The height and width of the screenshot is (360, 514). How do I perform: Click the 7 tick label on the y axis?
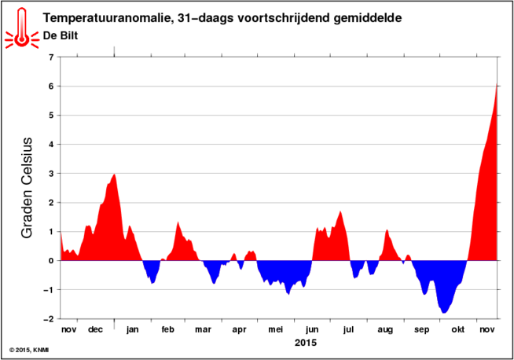point(51,57)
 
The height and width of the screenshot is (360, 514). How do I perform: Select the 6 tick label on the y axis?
point(51,86)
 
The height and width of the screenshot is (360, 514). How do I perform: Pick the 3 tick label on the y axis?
point(51,174)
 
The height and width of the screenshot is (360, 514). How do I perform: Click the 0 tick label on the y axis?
point(51,261)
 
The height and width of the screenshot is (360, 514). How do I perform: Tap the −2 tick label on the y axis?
point(49,319)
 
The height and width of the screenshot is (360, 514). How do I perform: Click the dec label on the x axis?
point(96,329)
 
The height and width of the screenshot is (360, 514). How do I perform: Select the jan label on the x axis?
point(133,329)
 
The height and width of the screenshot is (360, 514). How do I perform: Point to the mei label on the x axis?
point(276,329)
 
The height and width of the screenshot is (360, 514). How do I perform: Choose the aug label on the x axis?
point(385,329)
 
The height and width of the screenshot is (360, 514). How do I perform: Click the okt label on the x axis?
point(457,329)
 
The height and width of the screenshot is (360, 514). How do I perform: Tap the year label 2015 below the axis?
point(305,343)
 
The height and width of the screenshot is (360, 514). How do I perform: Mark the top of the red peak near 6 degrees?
point(497,86)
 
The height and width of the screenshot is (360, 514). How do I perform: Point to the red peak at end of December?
point(115,175)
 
